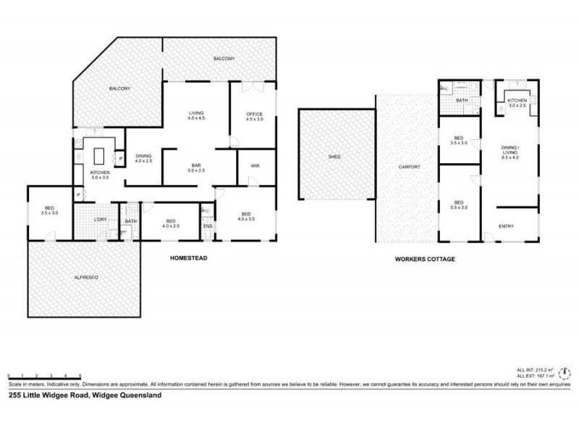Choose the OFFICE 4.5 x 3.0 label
click(253, 117)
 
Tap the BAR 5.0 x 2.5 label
click(198, 167)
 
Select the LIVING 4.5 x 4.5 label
click(196, 115)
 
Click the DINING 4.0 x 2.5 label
click(144, 157)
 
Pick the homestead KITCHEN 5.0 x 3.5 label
click(99, 175)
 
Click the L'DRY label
click(100, 220)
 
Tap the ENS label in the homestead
click(207, 227)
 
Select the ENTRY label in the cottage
click(507, 227)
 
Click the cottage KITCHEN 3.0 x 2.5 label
click(516, 102)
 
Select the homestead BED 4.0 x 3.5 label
click(246, 216)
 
